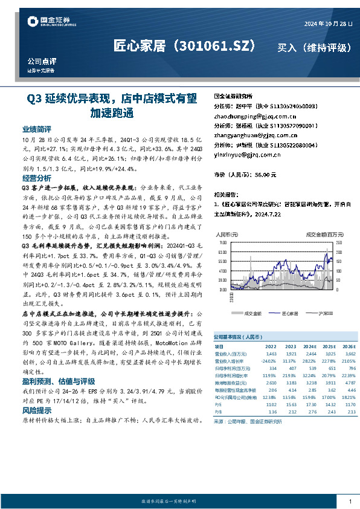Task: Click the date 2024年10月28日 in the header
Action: pos(327,24)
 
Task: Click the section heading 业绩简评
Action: pos(37,129)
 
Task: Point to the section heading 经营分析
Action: pos(37,178)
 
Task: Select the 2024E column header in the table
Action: pos(309,346)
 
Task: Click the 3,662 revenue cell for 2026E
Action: pos(347,353)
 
